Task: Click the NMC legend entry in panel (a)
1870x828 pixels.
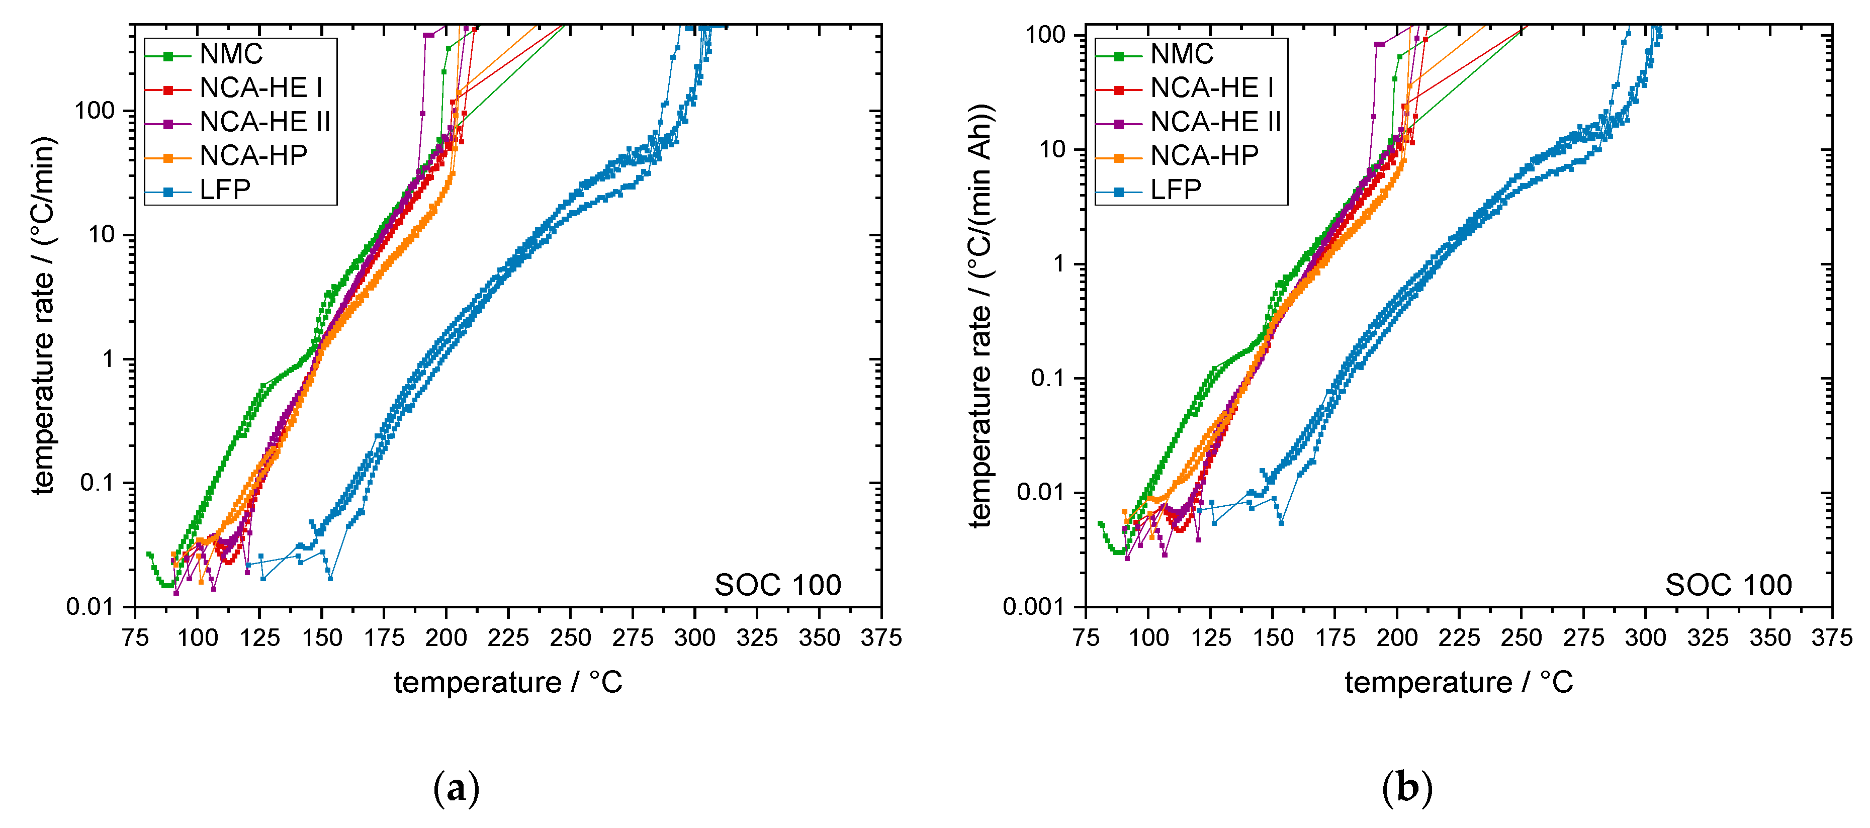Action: pos(231,54)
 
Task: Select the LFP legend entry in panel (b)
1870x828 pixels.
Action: pos(1175,190)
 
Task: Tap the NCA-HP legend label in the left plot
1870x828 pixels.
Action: pos(253,156)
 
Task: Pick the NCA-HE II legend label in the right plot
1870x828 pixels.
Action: pos(1215,122)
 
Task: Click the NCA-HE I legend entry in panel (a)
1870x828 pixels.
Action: pos(260,88)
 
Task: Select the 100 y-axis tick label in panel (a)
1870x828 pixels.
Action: pos(95,111)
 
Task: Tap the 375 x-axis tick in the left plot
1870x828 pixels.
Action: pos(880,638)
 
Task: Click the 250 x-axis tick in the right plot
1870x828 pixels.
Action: pos(1521,638)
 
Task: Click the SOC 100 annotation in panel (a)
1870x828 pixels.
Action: pos(777,585)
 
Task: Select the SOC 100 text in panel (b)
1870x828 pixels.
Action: pos(1728,585)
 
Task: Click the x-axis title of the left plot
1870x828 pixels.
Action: pos(508,683)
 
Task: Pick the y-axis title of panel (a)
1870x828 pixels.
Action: pos(44,316)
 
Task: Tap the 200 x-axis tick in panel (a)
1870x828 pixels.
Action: pos(446,638)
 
